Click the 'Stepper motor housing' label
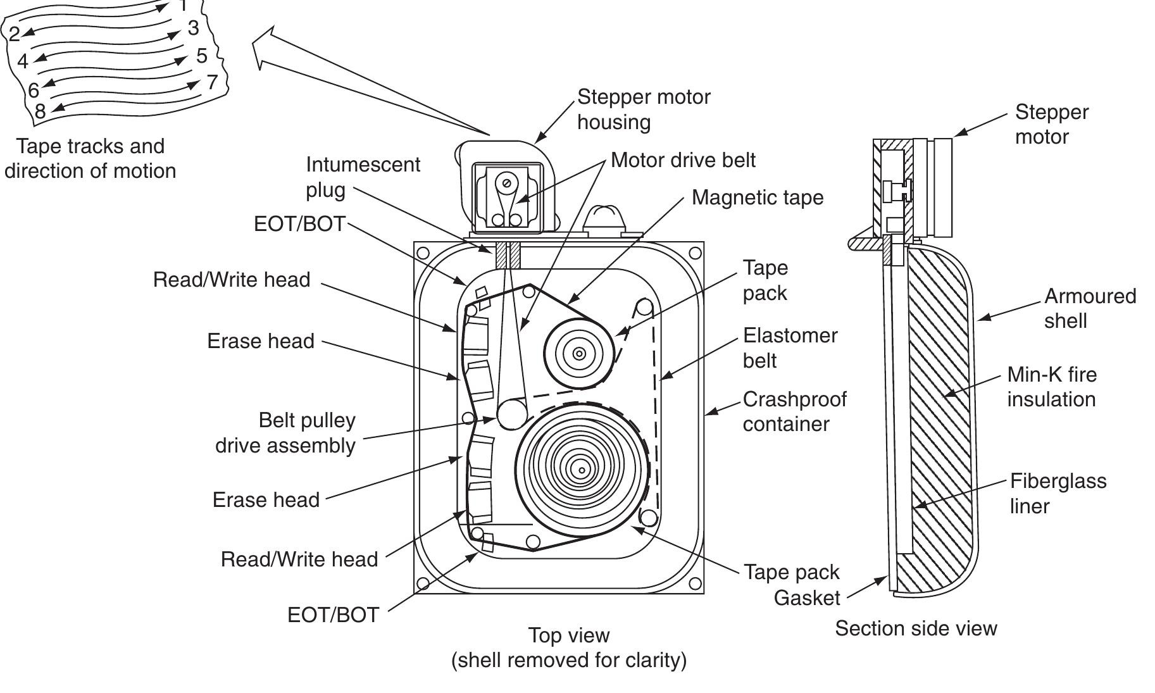tap(643, 109)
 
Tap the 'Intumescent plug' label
tap(362, 177)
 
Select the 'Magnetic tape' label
tap(757, 197)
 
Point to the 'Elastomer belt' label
tap(789, 347)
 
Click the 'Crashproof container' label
tap(794, 411)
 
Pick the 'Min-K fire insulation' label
tap(1051, 387)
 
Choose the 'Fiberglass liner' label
tap(1058, 493)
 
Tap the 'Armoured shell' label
tap(1089, 308)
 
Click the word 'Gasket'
tap(806, 598)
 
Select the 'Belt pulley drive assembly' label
tap(285, 433)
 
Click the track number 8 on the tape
tap(40, 111)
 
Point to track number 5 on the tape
tap(202, 56)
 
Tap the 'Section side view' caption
tap(915, 628)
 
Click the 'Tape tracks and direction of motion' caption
tap(90, 158)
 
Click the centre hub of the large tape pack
tap(581, 469)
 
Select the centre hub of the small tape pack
tap(578, 354)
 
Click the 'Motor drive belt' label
tap(682, 160)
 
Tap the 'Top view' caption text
tap(568, 635)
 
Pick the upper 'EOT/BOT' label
tap(299, 224)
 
